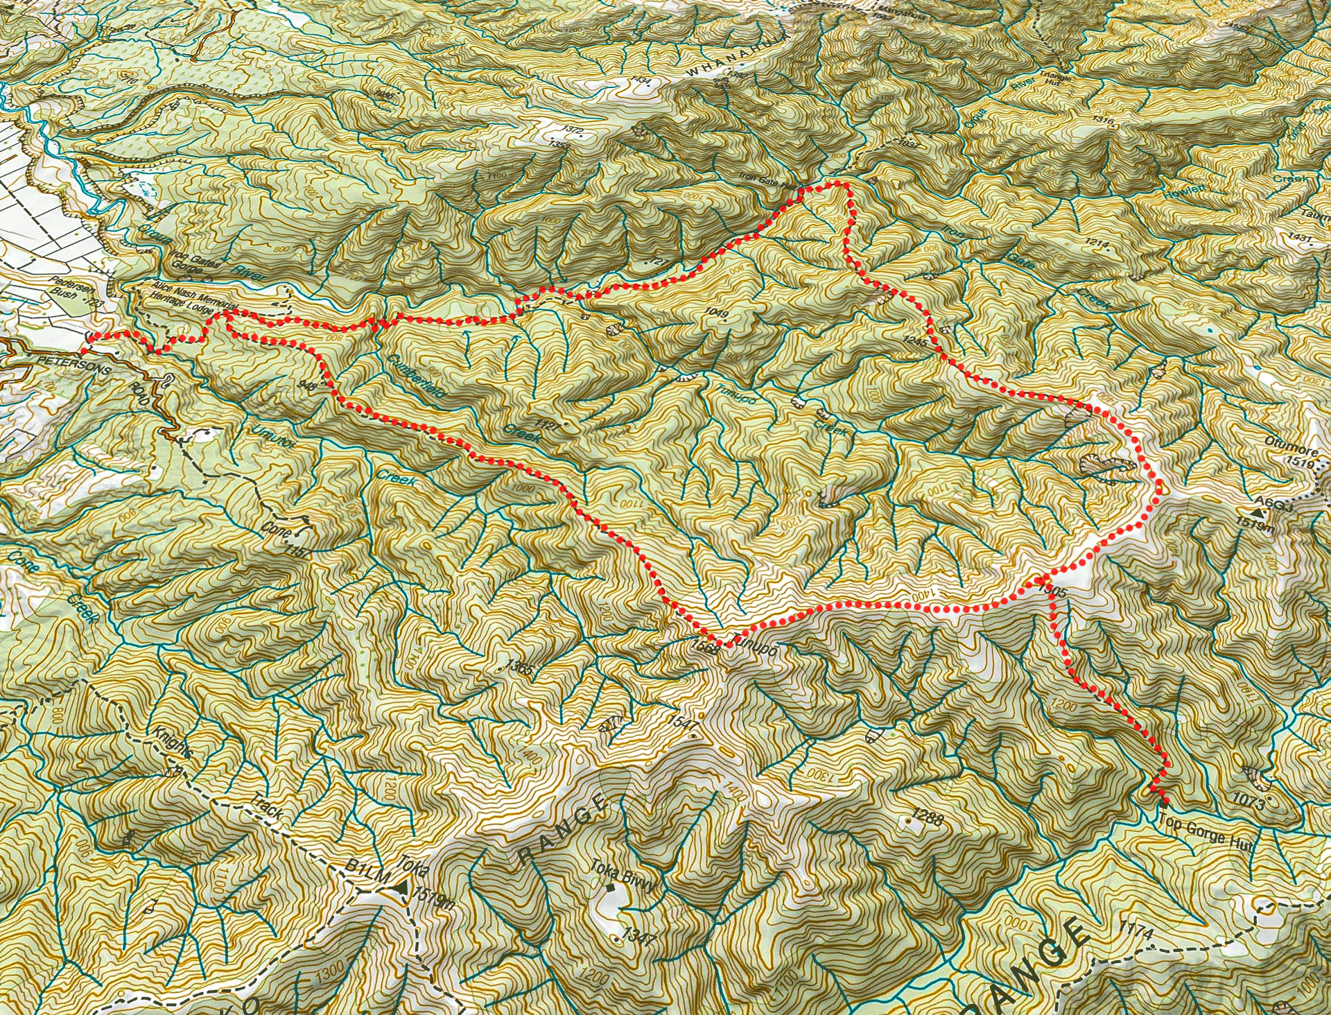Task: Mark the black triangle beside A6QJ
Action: pyautogui.click(x=1256, y=514)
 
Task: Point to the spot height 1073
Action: pyautogui.click(x=1255, y=803)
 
